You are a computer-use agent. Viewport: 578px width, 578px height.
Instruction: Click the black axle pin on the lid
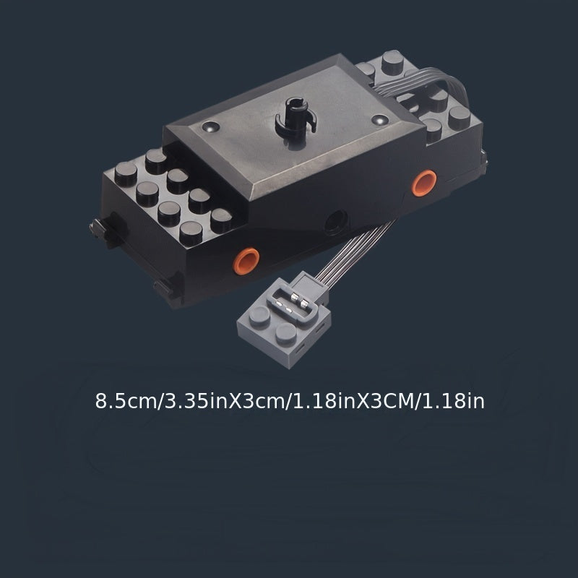295,117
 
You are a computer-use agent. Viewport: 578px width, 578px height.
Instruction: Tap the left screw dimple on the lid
211,127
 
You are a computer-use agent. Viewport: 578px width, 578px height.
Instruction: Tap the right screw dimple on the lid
380,120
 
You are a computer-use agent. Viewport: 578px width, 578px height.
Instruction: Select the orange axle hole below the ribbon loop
424,183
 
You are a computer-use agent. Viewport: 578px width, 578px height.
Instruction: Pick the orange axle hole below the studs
246,261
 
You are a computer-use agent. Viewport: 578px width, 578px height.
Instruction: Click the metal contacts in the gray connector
294,303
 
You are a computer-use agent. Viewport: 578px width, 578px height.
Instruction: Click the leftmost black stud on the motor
126,173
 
